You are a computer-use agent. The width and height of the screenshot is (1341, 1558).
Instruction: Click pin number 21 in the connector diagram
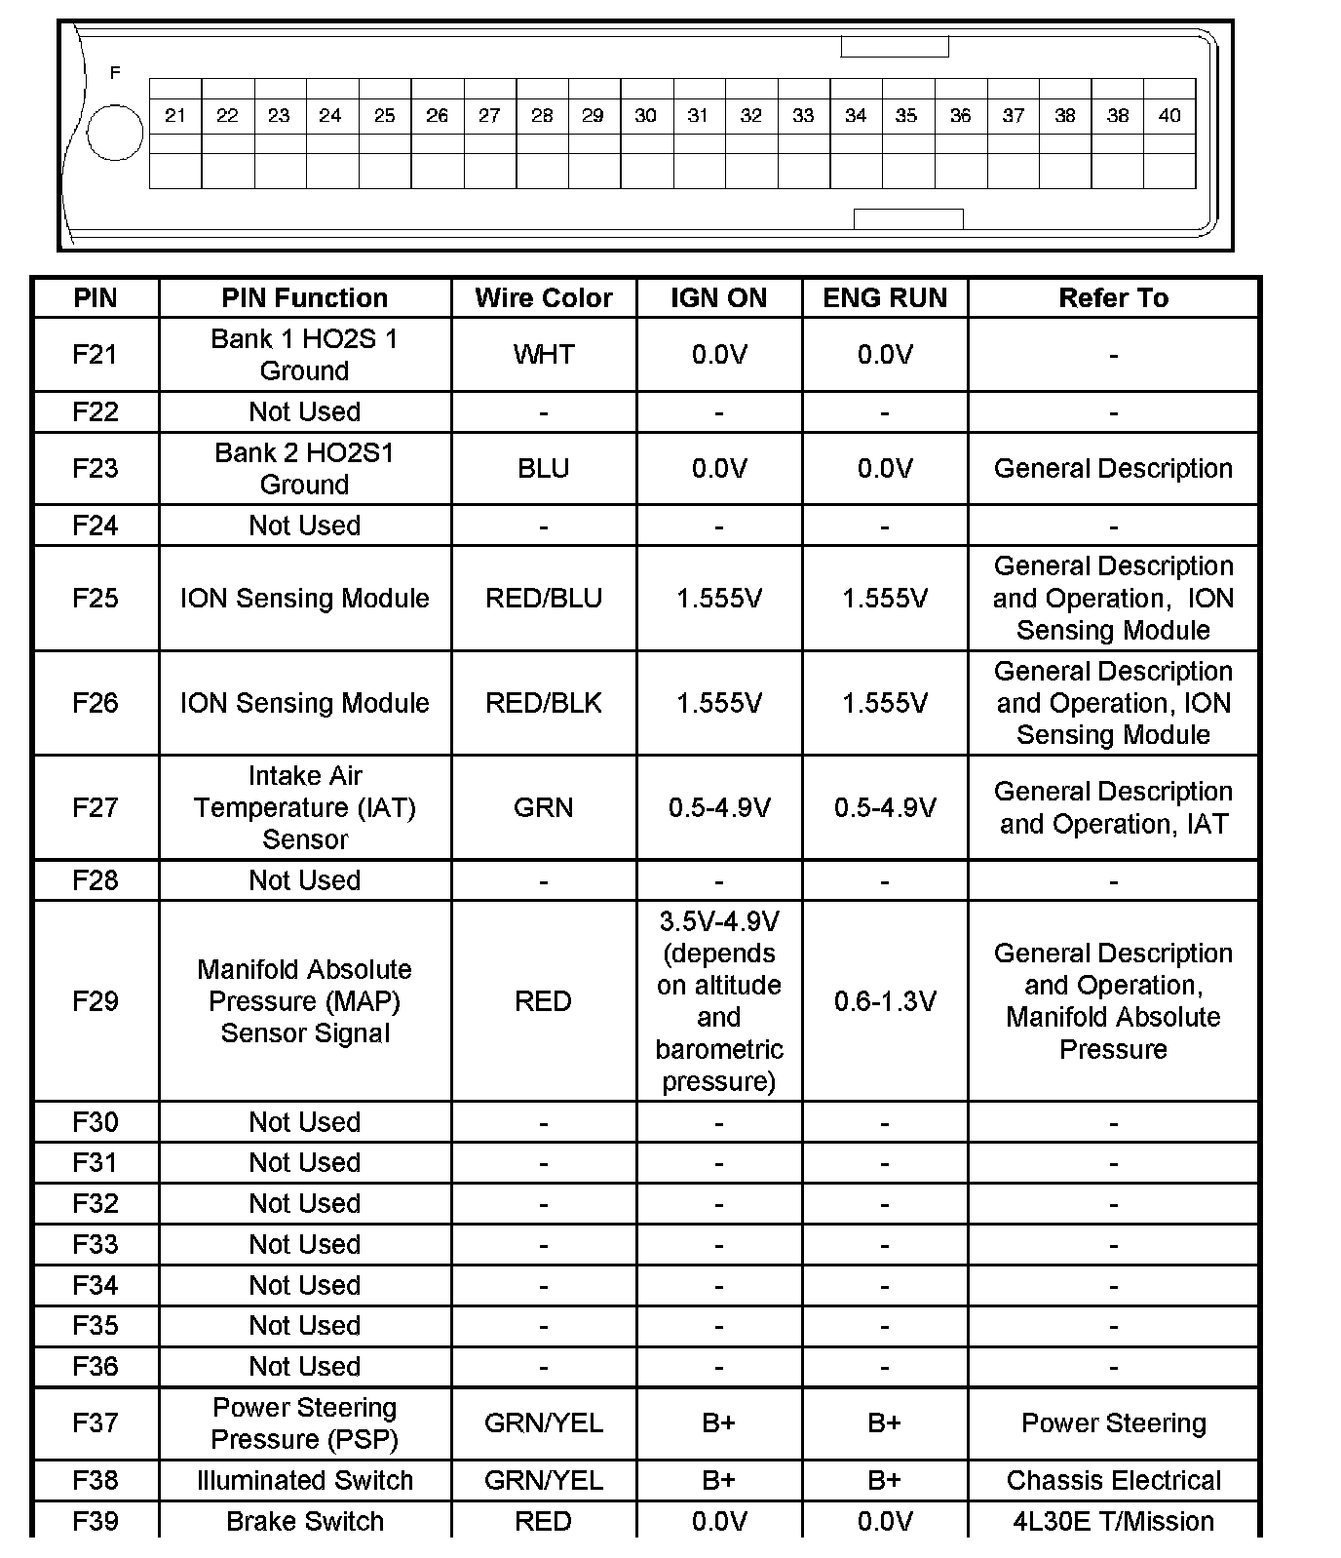[x=175, y=116]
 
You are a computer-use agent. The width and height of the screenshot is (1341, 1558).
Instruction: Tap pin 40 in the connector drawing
[x=1169, y=116]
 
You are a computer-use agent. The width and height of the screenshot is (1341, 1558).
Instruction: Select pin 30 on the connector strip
[x=645, y=116]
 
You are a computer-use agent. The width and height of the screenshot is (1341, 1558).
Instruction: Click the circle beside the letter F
[x=115, y=132]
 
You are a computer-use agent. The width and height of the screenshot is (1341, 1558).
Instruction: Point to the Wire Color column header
[x=544, y=298]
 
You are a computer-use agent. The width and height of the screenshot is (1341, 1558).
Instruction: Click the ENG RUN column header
[x=885, y=298]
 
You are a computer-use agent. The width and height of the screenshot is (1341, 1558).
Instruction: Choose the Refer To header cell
[x=1113, y=298]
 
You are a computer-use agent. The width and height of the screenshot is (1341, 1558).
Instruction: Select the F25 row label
[x=96, y=598]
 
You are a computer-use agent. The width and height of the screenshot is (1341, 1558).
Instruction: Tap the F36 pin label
[x=96, y=1366]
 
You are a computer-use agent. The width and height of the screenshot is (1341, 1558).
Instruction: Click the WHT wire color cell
[x=544, y=355]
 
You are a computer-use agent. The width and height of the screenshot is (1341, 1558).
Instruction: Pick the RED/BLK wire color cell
[x=544, y=703]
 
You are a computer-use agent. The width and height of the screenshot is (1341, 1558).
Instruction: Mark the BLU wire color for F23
[x=544, y=469]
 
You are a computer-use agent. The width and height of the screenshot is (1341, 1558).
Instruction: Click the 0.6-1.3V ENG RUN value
[x=885, y=1001]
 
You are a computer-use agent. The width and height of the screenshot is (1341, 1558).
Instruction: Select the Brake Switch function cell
[x=305, y=1521]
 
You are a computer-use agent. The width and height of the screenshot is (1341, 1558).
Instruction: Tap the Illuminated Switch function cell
[x=305, y=1480]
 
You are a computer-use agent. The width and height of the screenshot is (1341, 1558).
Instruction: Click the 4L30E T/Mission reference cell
[x=1113, y=1521]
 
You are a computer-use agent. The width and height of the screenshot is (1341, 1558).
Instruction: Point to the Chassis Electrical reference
[x=1113, y=1480]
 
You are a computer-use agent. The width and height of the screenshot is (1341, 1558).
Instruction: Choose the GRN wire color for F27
[x=544, y=807]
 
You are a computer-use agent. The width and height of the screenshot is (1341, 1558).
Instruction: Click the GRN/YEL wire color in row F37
[x=544, y=1423]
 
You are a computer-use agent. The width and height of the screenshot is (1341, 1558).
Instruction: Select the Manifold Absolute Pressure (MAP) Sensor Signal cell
[x=305, y=1001]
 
